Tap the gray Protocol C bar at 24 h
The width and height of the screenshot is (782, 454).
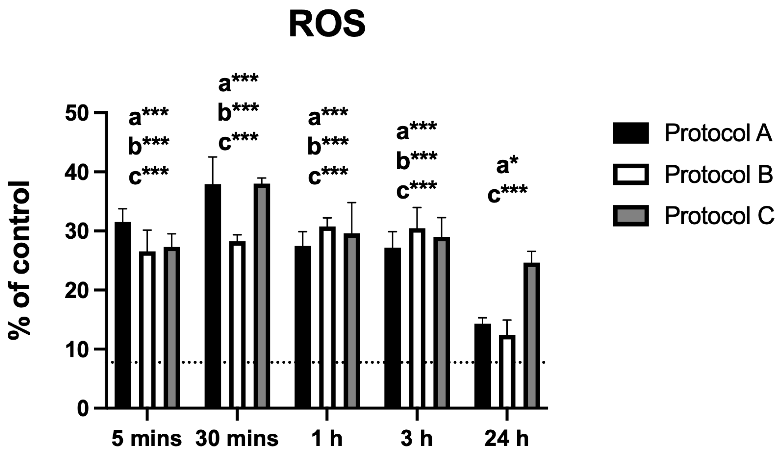(x=531, y=335)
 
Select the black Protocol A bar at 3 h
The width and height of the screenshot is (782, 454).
(x=393, y=327)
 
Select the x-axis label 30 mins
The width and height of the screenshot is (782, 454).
(x=237, y=439)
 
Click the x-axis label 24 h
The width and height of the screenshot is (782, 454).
(x=507, y=439)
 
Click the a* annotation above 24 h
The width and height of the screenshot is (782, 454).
(x=507, y=166)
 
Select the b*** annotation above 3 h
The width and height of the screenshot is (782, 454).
(x=417, y=161)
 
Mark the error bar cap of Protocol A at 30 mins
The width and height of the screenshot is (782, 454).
(x=213, y=157)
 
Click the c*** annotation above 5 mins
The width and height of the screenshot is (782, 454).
(x=149, y=176)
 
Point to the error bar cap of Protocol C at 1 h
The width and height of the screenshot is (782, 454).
(x=352, y=203)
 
